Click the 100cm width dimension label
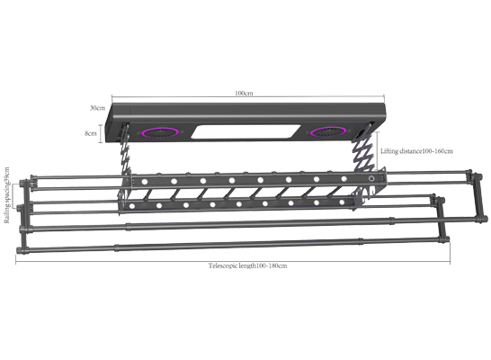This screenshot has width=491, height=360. pos(244,93)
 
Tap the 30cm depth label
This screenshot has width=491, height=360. pos(98,108)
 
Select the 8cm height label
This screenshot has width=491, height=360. pos(91,133)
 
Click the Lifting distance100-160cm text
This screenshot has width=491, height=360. pos(416,151)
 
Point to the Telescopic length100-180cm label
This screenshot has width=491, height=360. pos(247,266)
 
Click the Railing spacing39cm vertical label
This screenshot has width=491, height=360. pos(6,195)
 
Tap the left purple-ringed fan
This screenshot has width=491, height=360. pos(161,132)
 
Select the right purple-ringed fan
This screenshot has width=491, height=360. pos(328,132)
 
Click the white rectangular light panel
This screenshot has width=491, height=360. pos(245,131)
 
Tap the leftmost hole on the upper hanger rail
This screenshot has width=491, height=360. pos(145,182)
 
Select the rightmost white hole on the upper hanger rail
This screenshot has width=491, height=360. pos(344,179)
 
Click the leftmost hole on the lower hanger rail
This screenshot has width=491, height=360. pos(132,206)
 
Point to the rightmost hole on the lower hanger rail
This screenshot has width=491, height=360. pos(342,202)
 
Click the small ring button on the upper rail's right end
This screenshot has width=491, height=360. pos(371,178)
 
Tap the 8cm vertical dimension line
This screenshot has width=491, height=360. pos(101,134)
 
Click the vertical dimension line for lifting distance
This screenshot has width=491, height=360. pos(378,151)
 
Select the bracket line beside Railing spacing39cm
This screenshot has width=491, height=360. pos(13,196)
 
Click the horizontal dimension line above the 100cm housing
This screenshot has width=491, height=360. pos(248,97)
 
